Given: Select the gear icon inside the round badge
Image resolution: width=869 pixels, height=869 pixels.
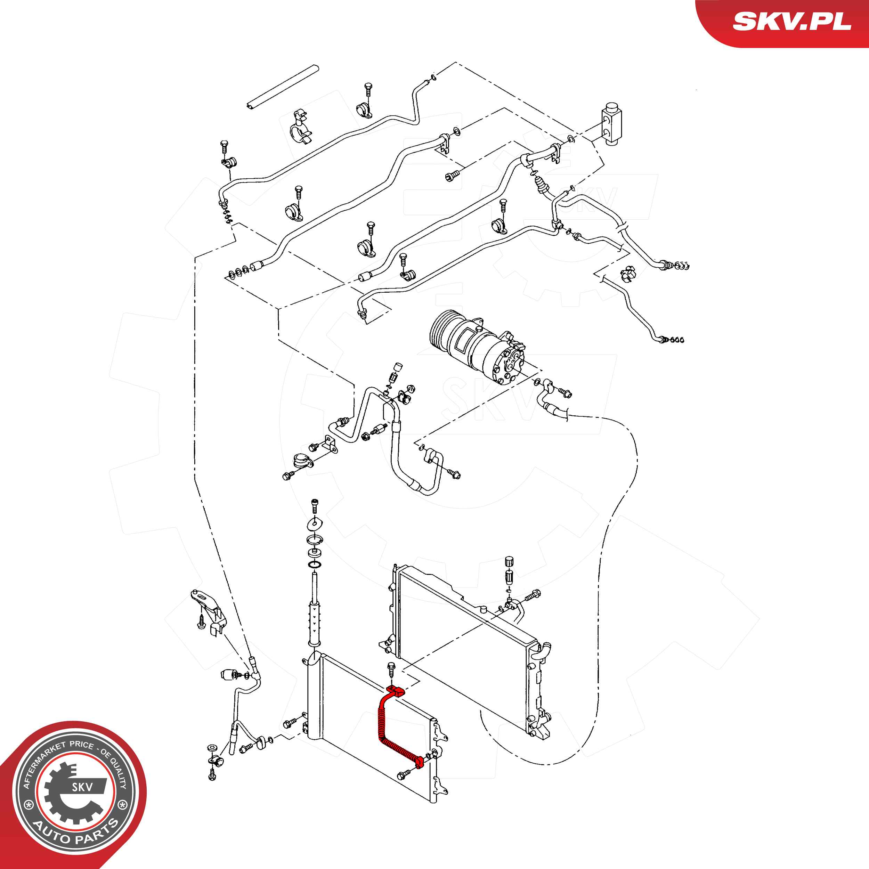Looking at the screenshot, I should [72, 794].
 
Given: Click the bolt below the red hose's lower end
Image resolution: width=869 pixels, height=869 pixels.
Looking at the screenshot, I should [404, 774].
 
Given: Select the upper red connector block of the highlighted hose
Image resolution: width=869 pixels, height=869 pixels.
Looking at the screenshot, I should [395, 692].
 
